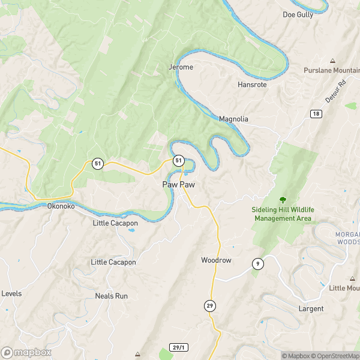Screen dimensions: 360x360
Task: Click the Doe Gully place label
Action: [x=298, y=14]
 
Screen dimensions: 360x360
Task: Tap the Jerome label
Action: [x=181, y=67]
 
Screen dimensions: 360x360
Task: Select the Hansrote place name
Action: [x=251, y=85]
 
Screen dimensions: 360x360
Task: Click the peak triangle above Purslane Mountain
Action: [x=332, y=61]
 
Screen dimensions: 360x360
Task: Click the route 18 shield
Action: [x=316, y=113]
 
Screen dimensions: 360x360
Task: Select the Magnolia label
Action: [x=233, y=119]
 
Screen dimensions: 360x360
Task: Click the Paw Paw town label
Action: [x=178, y=184]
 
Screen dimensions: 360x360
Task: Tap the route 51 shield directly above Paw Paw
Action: [x=178, y=161]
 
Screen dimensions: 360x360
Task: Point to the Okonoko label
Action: [x=61, y=206]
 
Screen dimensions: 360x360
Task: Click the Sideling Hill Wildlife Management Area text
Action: [x=283, y=214]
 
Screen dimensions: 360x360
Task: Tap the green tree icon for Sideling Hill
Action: [x=283, y=199]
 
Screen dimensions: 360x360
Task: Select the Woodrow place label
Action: [x=216, y=260]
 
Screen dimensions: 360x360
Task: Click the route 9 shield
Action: [x=258, y=263]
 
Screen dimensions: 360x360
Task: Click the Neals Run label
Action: [x=112, y=296]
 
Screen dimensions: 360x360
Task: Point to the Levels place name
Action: [x=12, y=293]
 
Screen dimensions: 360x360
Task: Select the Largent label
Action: [x=311, y=308]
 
